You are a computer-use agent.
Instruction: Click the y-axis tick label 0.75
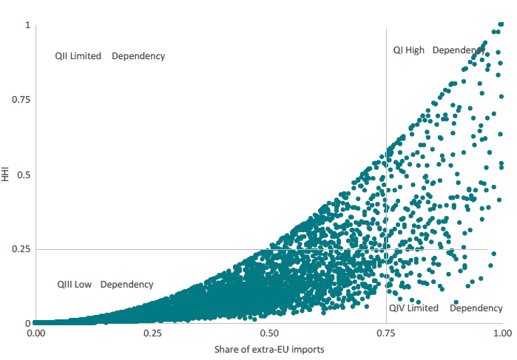coord(20,99)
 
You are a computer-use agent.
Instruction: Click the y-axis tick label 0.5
coord(23,174)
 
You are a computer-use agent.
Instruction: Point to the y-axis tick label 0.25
coord(20,249)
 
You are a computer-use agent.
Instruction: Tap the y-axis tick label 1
coord(27,25)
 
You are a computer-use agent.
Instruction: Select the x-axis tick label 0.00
coord(36,333)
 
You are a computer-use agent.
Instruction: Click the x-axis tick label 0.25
coord(153,333)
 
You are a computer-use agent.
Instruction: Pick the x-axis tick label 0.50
coord(269,333)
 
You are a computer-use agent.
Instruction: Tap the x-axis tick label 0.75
coord(386,333)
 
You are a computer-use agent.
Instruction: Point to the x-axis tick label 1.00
coord(503,333)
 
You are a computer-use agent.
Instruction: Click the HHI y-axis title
coord(7,174)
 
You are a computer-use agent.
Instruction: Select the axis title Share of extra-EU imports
coord(269,348)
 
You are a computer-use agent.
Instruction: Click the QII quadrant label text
coord(62,56)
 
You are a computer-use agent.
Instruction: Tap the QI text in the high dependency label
coord(398,50)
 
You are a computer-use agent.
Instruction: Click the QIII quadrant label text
coord(65,285)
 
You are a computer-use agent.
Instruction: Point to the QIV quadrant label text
coord(396,308)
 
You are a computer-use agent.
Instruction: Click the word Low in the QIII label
coord(84,285)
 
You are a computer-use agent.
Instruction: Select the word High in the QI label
coord(416,50)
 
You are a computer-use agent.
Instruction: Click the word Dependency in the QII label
coord(138,56)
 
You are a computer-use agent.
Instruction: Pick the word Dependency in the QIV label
coord(476,308)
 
